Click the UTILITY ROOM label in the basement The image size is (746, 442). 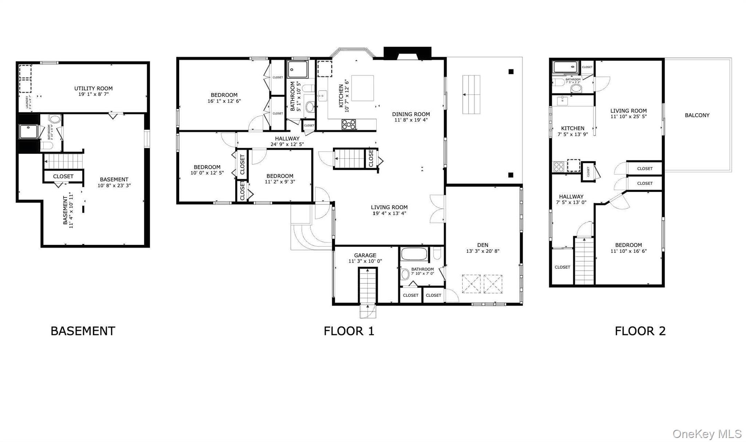pyautogui.click(x=93, y=88)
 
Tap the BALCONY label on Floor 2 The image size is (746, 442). pyautogui.click(x=697, y=115)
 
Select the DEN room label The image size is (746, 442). pyautogui.click(x=482, y=245)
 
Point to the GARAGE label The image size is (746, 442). pyautogui.click(x=365, y=255)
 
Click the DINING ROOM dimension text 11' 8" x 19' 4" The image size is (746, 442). pyautogui.click(x=411, y=120)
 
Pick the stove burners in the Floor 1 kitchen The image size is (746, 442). pyautogui.click(x=349, y=124)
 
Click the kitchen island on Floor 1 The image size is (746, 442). pyautogui.click(x=362, y=88)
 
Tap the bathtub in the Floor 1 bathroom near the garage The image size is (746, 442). pyautogui.click(x=414, y=254)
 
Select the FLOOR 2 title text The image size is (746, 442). pyautogui.click(x=640, y=331)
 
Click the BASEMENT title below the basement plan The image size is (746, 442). pyautogui.click(x=83, y=331)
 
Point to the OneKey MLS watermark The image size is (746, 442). pyautogui.click(x=707, y=434)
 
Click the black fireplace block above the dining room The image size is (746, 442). pyautogui.click(x=407, y=53)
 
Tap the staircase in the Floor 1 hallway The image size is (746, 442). pyautogui.click(x=349, y=158)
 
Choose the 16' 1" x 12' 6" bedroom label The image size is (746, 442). pyautogui.click(x=224, y=98)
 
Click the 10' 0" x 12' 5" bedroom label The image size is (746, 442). pyautogui.click(x=207, y=170)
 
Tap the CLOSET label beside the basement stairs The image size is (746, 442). pyautogui.click(x=63, y=176)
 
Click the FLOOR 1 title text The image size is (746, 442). pyautogui.click(x=349, y=331)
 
